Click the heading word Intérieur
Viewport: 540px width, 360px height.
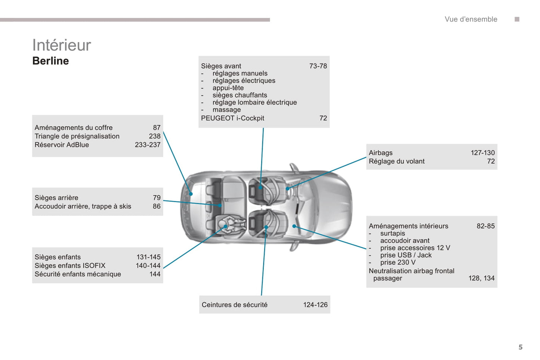click(x=62, y=45)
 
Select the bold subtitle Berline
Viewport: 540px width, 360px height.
click(x=50, y=61)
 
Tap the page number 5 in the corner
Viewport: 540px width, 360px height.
click(x=520, y=347)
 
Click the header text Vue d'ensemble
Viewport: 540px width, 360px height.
click(x=470, y=19)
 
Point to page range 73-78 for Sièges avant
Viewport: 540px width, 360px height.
click(x=318, y=66)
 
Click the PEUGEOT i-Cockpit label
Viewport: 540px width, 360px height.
click(x=232, y=118)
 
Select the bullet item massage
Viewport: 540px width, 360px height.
click(x=226, y=110)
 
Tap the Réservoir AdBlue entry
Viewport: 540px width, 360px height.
click(x=62, y=145)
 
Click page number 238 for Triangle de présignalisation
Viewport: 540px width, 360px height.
click(x=154, y=136)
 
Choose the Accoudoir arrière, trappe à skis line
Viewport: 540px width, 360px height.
click(x=83, y=207)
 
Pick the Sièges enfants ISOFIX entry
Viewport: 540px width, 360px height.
click(x=70, y=266)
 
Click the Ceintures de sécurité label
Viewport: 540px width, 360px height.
click(x=234, y=305)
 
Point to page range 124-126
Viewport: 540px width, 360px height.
click(x=315, y=305)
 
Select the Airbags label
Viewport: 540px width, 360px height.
click(x=380, y=153)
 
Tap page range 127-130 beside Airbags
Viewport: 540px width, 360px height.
click(x=482, y=153)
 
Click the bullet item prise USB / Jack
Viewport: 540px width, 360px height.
click(x=405, y=255)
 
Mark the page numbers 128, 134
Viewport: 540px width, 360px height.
click(x=481, y=278)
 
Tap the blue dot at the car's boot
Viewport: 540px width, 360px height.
click(x=191, y=194)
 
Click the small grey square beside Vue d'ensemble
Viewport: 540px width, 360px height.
click(x=517, y=19)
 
